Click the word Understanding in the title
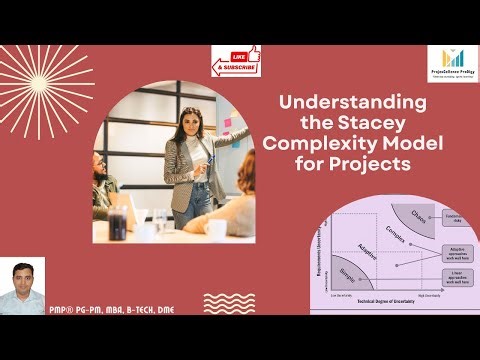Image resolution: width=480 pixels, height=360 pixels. [x=352, y=103]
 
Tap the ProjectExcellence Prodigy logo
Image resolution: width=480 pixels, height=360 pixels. [x=451, y=64]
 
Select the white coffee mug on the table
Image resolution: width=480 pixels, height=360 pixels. [x=215, y=229]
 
